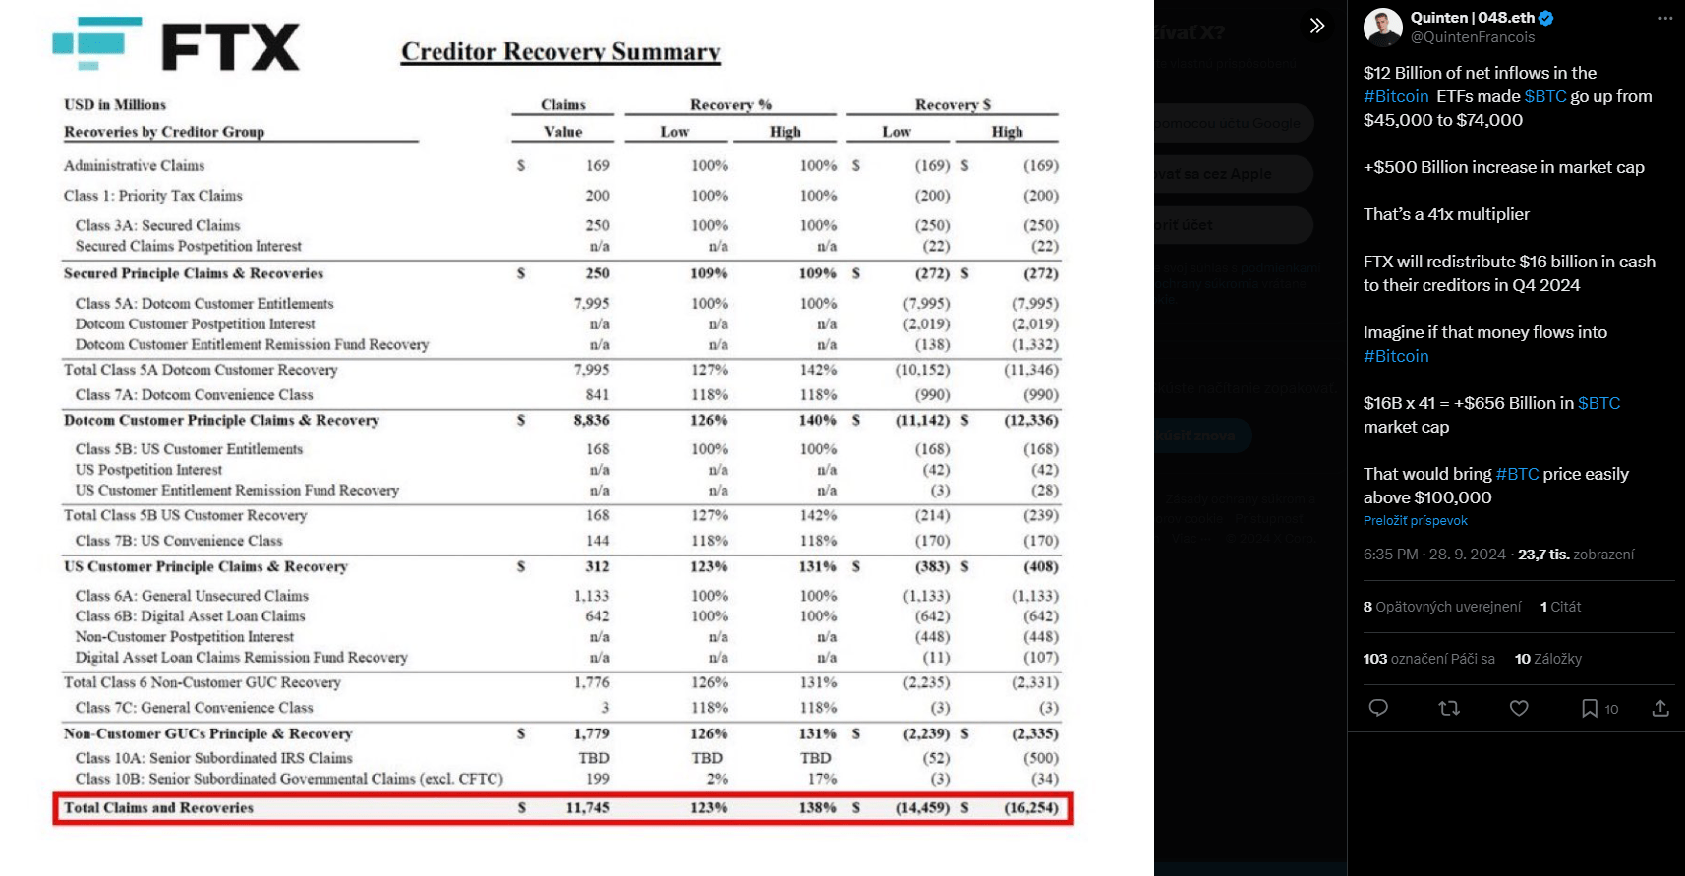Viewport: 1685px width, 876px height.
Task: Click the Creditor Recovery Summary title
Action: [560, 52]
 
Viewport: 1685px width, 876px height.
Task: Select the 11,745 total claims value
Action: [587, 808]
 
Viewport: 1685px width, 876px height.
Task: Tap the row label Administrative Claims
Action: [135, 166]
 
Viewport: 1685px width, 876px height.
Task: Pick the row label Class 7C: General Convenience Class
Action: [194, 708]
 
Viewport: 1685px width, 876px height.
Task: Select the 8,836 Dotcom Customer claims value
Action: [591, 421]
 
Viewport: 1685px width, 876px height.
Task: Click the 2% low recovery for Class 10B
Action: [718, 779]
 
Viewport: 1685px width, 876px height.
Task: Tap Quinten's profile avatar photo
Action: [1382, 28]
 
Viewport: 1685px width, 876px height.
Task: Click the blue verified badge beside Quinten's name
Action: [1546, 18]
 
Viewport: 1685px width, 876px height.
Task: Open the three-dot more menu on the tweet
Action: [1664, 19]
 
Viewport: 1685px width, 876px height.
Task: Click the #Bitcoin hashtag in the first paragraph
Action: [1396, 96]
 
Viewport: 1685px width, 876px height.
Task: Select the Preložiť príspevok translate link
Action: [1415, 521]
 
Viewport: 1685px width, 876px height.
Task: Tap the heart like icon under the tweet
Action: [1519, 708]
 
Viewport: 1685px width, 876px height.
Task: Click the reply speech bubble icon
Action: [1378, 708]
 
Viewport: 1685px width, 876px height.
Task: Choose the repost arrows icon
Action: [1449, 708]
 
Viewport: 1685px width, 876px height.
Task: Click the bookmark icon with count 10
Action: [1589, 708]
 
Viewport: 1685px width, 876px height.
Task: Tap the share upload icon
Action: [1660, 708]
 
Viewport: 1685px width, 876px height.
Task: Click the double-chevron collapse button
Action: [1317, 26]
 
